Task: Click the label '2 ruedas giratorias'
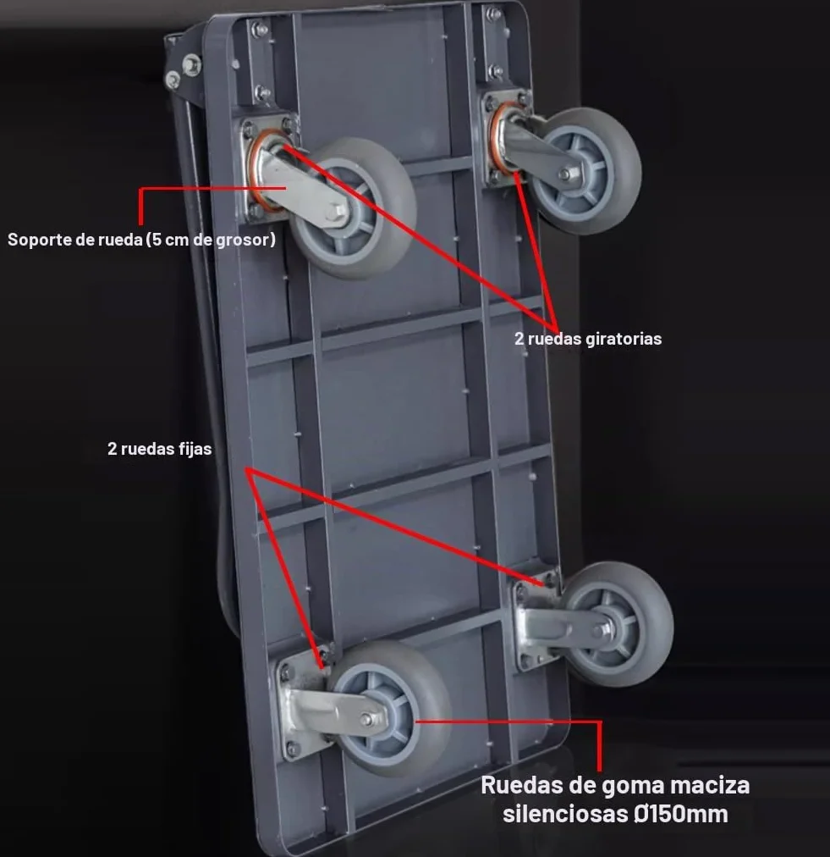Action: pos(587,339)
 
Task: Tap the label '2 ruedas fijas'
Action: pos(159,449)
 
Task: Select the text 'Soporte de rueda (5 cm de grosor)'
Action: pos(141,240)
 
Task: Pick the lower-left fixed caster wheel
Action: pos(389,708)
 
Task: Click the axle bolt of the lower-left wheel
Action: pos(367,719)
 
